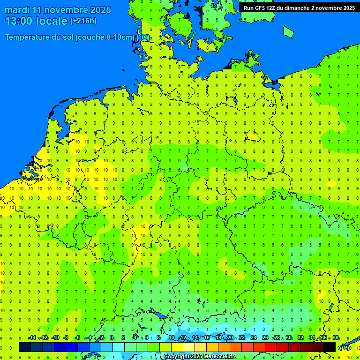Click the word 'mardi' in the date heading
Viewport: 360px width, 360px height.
[x=17, y=10]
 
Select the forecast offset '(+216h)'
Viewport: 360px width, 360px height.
[x=83, y=21]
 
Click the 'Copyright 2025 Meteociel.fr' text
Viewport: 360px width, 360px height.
[x=200, y=357]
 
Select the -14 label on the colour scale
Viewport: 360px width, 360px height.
[x=32, y=338]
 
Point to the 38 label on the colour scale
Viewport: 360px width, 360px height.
[x=336, y=338]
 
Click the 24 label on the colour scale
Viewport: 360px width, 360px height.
[x=254, y=338]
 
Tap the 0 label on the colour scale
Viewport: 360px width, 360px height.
[x=112, y=338]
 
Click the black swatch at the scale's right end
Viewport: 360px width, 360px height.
[x=330, y=347]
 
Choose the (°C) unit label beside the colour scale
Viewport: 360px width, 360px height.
[x=345, y=347]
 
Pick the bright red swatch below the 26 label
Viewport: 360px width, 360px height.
[x=271, y=347]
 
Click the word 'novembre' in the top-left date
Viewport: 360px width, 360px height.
[x=66, y=10]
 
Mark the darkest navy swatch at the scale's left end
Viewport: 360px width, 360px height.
[x=24, y=347]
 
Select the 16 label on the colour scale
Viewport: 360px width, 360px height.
[x=207, y=338]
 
